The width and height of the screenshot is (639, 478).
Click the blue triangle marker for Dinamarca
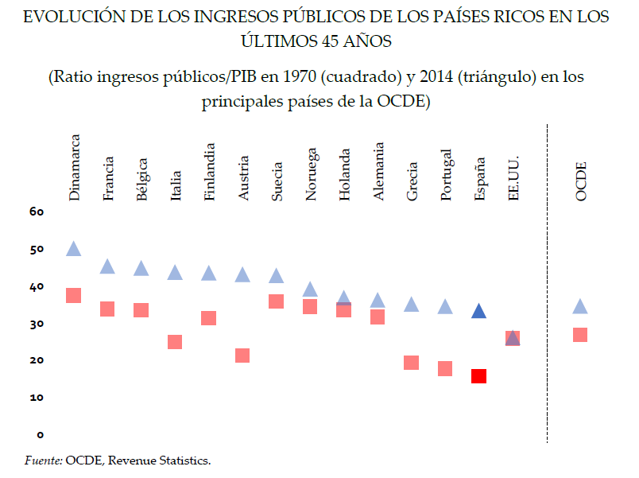73,249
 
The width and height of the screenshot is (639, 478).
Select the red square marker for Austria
242,356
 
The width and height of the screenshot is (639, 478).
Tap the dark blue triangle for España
478,312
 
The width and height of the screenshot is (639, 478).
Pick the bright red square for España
478,376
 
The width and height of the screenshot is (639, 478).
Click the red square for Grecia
411,363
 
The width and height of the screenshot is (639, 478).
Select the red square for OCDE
580,335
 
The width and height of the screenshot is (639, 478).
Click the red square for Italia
175,342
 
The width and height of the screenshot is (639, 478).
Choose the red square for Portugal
445,368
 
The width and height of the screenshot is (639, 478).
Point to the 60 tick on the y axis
37,212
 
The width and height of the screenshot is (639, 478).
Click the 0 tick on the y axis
40,435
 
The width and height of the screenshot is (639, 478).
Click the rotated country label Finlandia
210,172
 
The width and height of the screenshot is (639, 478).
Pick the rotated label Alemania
379,171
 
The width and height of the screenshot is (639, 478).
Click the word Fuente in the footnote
44,461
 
